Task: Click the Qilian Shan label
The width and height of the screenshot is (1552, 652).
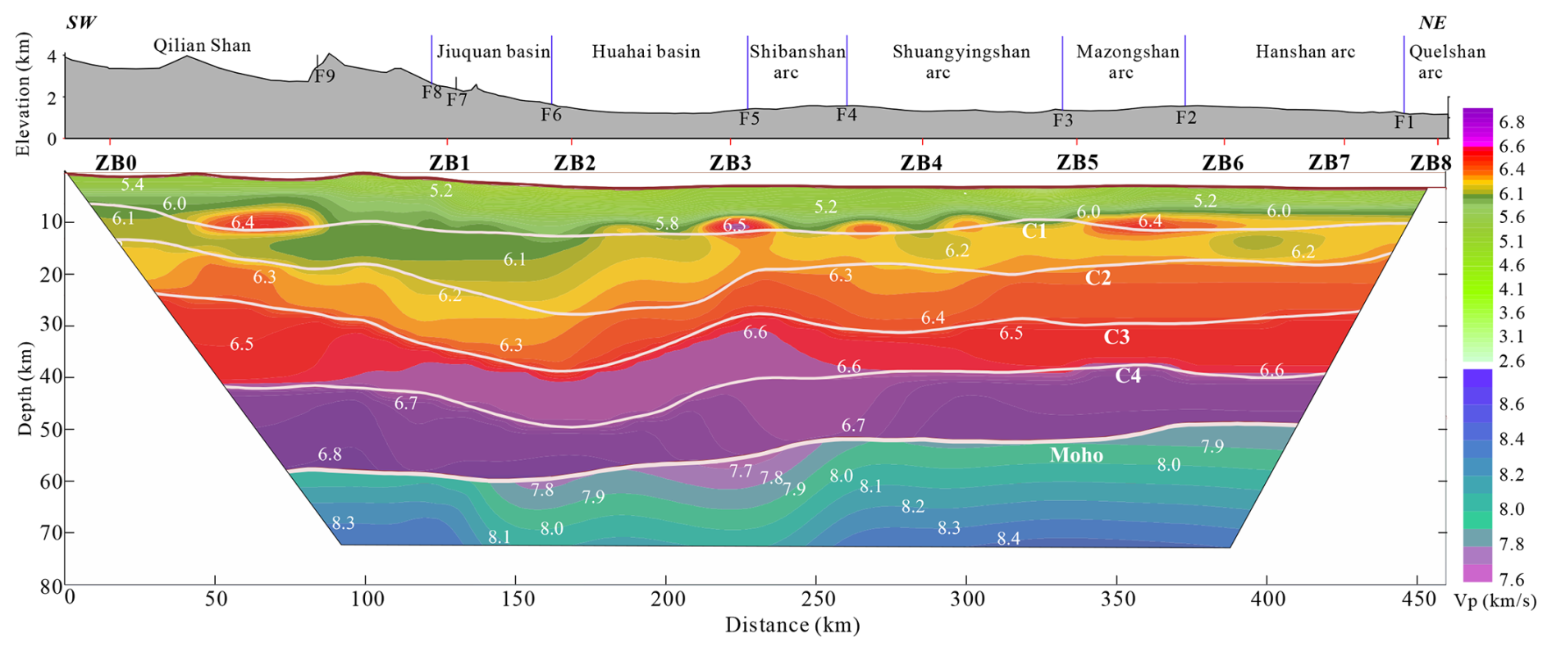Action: (202, 46)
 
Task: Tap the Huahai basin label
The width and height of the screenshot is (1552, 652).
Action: (646, 52)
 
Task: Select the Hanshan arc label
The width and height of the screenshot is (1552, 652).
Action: (1304, 52)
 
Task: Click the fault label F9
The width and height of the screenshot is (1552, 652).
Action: (325, 76)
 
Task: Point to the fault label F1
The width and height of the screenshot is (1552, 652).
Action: (1404, 123)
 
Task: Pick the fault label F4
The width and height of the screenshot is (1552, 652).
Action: (847, 115)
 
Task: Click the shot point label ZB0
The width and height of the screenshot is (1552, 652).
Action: (116, 162)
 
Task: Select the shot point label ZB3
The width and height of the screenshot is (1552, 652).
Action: (730, 162)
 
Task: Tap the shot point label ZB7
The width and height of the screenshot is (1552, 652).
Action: (1329, 162)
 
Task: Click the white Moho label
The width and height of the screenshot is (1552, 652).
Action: (1076, 455)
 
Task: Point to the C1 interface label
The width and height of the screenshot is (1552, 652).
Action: (1034, 232)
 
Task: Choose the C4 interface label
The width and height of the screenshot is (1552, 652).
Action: (1128, 376)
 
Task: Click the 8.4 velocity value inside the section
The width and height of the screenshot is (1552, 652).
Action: (1008, 539)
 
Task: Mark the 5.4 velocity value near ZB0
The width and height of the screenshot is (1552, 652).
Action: (132, 185)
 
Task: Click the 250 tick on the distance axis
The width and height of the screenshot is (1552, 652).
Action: (817, 600)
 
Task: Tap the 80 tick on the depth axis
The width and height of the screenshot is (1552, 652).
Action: (52, 586)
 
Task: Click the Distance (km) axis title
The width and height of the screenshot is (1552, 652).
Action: (792, 626)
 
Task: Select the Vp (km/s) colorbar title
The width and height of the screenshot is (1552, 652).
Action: (1495, 601)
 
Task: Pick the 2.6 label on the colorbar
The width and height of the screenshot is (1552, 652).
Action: (1511, 362)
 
